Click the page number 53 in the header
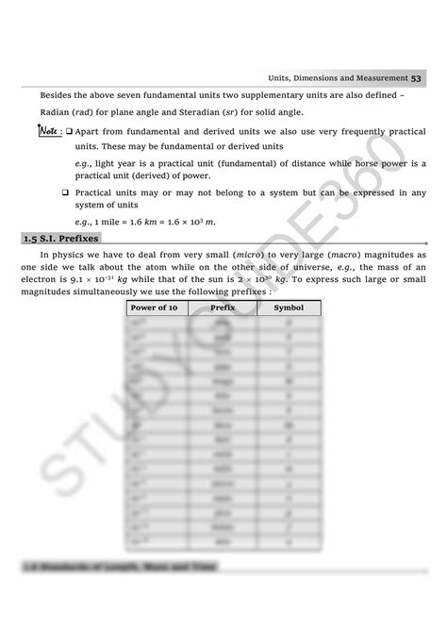click(x=416, y=76)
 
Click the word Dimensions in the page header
click(x=318, y=76)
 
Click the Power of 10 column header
click(x=154, y=307)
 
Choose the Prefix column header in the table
click(x=223, y=307)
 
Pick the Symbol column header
click(x=289, y=307)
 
